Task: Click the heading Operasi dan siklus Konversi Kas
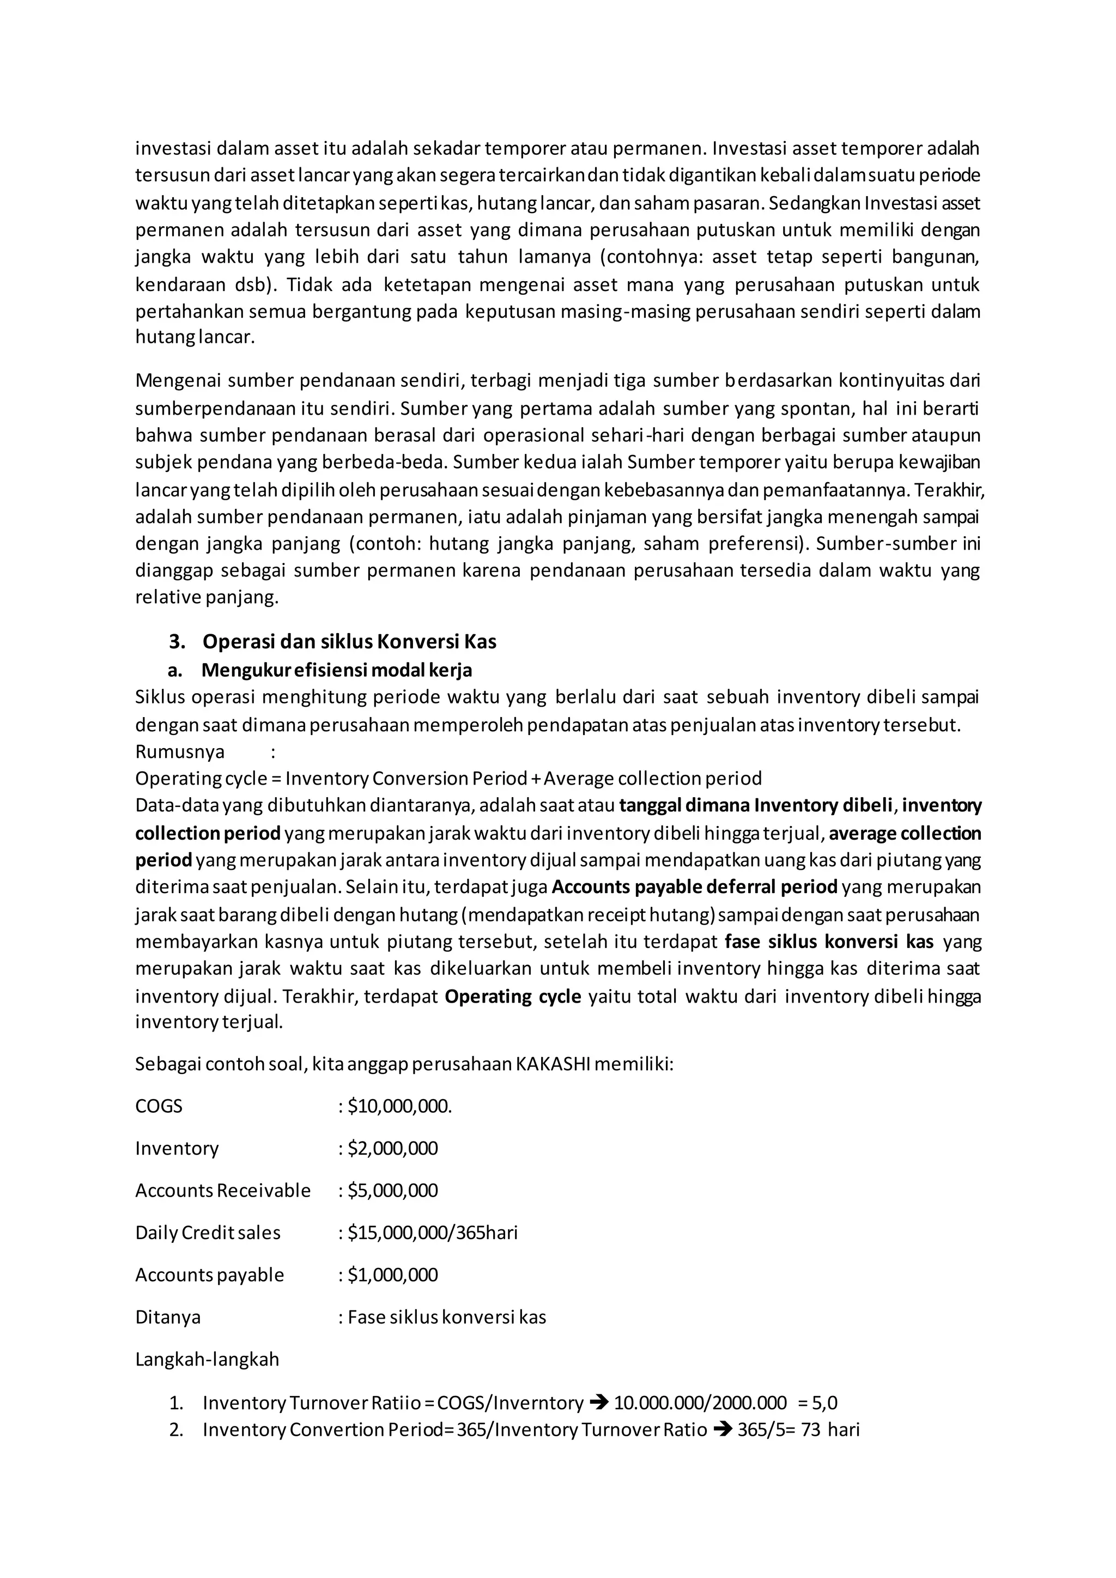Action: [x=349, y=641]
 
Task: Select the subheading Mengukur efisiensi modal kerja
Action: [x=337, y=670]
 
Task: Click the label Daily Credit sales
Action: [x=208, y=1233]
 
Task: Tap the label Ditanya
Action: [x=168, y=1317]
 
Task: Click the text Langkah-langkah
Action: [x=207, y=1359]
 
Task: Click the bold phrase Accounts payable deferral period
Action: [x=694, y=887]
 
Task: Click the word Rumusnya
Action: [x=180, y=751]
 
